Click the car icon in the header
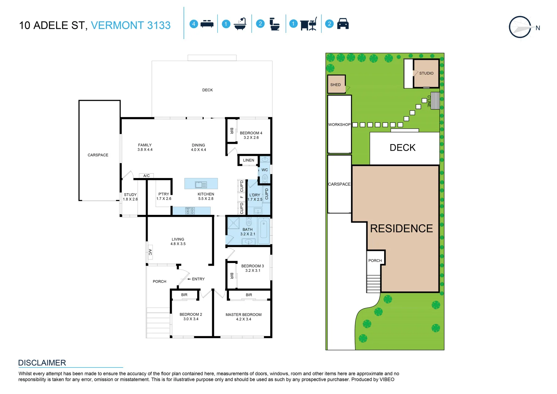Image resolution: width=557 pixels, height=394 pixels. coord(343,24)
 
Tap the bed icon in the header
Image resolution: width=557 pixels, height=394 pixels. coord(207,24)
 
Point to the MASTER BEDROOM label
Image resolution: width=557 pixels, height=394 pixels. coord(244,314)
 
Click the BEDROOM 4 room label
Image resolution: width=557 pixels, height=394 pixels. coord(251,133)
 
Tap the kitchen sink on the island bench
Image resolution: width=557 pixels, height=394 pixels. coord(201,185)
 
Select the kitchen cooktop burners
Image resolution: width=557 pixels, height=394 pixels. coord(190,210)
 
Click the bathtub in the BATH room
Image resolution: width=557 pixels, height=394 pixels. coord(264,231)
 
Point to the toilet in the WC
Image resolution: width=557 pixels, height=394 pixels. coord(265,178)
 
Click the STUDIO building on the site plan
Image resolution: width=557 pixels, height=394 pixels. coord(426,73)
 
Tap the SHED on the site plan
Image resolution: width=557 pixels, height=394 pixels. coord(336,84)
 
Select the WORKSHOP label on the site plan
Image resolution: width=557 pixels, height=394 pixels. coord(339,125)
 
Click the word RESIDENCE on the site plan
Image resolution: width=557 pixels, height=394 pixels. coord(401,228)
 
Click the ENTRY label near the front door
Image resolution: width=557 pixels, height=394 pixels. coord(198,279)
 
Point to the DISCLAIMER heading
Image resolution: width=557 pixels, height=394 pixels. coord(42,363)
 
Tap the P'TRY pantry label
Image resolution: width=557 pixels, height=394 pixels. coord(164,194)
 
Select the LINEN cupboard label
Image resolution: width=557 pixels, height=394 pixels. coord(249,160)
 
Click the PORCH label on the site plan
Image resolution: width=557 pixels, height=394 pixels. coord(375,260)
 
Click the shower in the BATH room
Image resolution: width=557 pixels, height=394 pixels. coord(233,223)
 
